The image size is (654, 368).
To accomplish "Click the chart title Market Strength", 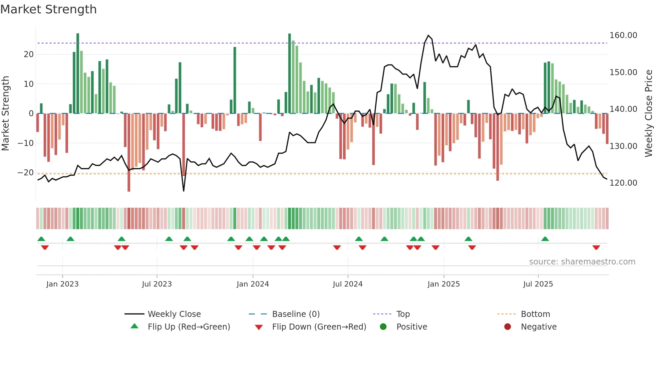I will (48, 9).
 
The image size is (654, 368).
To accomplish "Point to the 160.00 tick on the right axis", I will (623, 35).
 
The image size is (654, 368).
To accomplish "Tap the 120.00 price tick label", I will (623, 183).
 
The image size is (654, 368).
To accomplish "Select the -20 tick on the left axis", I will (26, 173).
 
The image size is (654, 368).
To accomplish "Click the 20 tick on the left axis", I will (29, 54).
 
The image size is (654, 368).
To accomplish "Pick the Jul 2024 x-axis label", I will (347, 284).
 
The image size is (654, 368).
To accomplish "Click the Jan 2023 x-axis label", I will (62, 284).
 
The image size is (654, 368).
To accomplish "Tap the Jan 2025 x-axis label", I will (443, 284).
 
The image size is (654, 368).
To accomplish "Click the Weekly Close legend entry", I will (174, 314).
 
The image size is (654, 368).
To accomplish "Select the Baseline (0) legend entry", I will (296, 314).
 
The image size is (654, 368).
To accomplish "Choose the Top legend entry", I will (403, 314).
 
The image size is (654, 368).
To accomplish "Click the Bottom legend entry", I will (535, 314).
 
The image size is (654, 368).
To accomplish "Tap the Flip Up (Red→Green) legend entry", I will (189, 327).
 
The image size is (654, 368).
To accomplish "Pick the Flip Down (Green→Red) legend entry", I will (319, 327).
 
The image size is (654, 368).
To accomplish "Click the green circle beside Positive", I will (383, 327).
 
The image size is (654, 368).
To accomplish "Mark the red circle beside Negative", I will (508, 327).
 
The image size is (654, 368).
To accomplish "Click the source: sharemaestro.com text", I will (582, 262).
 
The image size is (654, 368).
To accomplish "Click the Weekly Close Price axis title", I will (648, 114).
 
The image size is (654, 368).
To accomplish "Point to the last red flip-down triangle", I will (596, 247).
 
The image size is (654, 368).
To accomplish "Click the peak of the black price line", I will (428, 35).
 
